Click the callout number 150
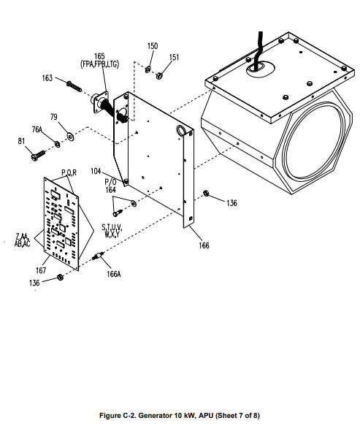point(153,46)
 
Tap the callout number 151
point(174,57)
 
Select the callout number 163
point(47,78)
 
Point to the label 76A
point(37,129)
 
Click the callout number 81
point(21,141)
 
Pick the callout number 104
point(96,171)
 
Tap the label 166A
point(114,274)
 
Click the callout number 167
point(41,270)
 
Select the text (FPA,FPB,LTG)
point(99,64)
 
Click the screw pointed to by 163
point(74,86)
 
